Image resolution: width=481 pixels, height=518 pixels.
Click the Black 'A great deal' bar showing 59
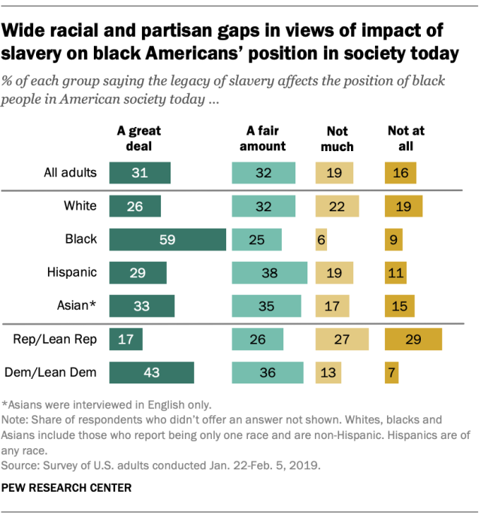(x=168, y=239)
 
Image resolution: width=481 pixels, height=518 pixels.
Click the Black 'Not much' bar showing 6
(x=322, y=239)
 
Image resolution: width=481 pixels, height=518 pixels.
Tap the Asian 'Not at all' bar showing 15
(x=399, y=306)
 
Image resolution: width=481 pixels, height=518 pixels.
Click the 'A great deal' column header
(x=139, y=138)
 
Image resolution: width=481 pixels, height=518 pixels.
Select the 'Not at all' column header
(x=406, y=138)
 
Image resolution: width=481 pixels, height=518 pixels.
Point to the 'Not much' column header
(x=336, y=138)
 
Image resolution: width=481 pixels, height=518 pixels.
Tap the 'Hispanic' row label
(x=75, y=272)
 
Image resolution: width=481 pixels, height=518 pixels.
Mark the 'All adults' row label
(x=69, y=172)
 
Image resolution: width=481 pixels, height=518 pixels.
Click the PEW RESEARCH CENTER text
(x=68, y=487)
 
